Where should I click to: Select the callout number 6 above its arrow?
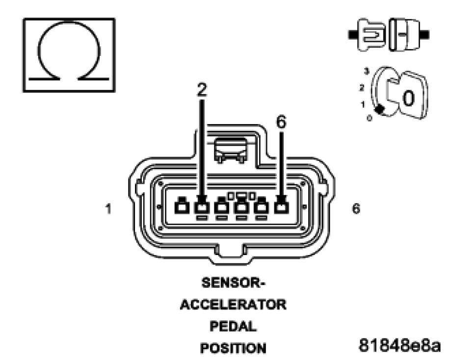coord(281,122)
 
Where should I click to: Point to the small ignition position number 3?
coord(366,72)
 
